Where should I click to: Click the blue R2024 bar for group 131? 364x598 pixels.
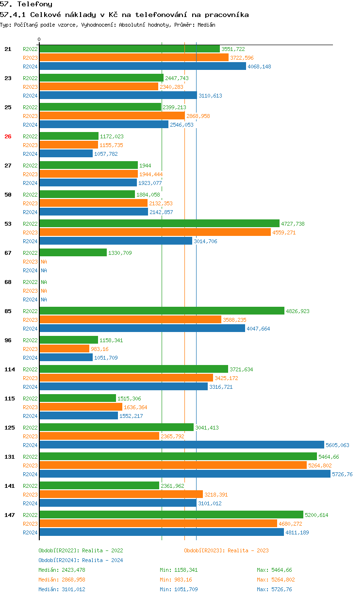[185, 474]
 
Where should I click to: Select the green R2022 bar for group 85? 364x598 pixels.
[162, 311]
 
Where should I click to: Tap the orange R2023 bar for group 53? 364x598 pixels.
[155, 233]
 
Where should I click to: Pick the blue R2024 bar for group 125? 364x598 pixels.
[182, 445]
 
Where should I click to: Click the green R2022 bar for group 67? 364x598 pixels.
[73, 253]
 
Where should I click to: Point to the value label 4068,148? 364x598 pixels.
[259, 66]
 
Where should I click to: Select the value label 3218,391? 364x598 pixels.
[216, 495]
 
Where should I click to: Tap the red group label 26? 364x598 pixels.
[8, 136]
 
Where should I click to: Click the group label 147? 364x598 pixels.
[9, 515]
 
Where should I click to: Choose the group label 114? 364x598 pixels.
[9, 369]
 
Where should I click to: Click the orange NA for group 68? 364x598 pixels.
[44, 291]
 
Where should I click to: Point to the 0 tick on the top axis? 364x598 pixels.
[39, 39]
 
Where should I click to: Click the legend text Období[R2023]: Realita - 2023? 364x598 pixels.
[226, 550]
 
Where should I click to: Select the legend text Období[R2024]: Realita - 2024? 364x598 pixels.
[81, 560]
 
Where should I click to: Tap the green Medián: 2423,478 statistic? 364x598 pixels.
[65, 570]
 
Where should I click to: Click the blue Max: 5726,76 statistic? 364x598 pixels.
[274, 589]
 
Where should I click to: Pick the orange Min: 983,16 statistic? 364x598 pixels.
[179, 580]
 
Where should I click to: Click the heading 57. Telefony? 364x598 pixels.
[26, 4]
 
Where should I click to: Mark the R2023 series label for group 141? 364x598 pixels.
[30, 495]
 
